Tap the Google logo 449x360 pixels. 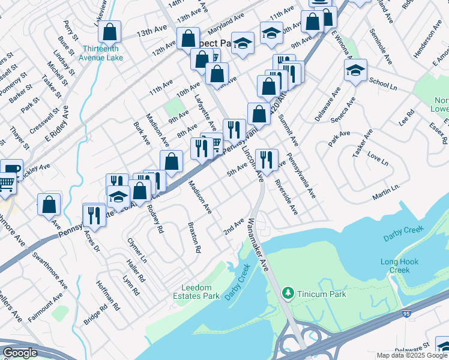point(20,353)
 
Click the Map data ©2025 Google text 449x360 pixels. point(412,355)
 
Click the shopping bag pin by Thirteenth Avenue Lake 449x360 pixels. point(110,31)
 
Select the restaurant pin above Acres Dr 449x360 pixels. point(94,214)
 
